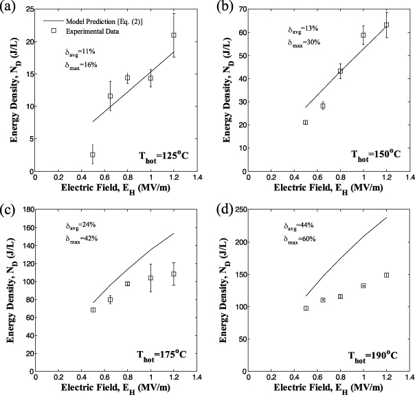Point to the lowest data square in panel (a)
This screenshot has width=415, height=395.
(x=93, y=155)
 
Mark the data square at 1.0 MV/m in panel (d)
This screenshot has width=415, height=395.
(x=363, y=285)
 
